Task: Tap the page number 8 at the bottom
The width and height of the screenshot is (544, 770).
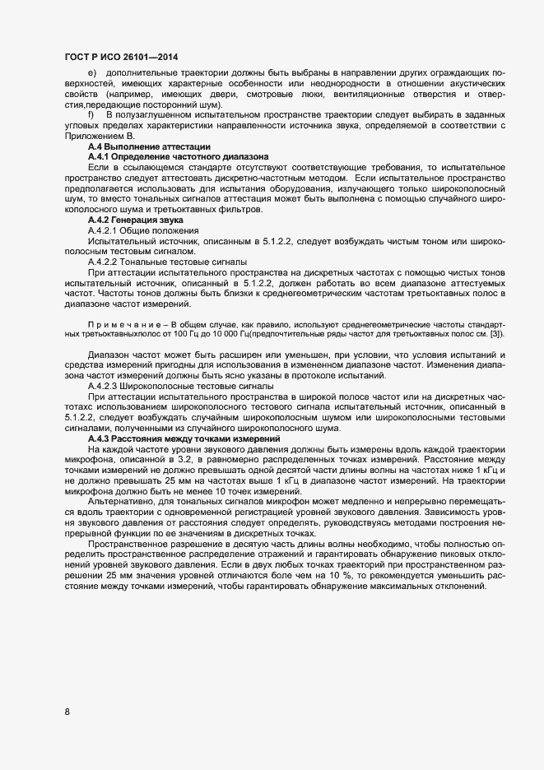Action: [67, 712]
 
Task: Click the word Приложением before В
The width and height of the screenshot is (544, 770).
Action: [93, 135]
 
